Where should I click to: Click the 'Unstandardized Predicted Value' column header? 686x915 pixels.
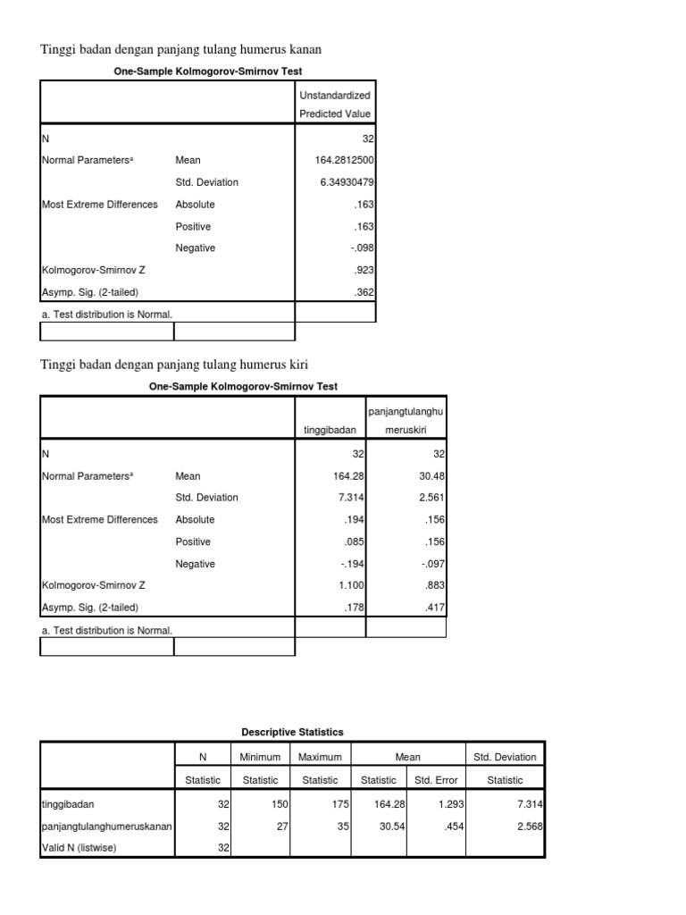point(335,104)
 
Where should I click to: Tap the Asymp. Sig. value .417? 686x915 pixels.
point(433,608)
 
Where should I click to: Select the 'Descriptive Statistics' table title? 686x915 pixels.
point(292,733)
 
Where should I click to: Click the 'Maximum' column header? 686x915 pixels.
point(320,758)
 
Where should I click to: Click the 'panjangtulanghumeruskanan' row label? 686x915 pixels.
point(107,827)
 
